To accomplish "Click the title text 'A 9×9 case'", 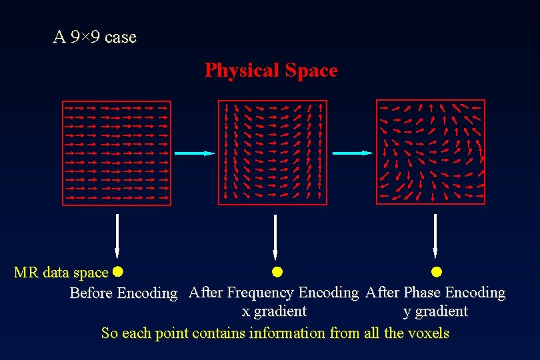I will click(95, 37).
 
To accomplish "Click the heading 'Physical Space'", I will click(271, 71).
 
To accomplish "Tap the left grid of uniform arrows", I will click(117, 153).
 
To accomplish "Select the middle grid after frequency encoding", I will click(273, 153).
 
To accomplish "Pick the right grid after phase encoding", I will click(431, 152).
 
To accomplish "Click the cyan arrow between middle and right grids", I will click(352, 153).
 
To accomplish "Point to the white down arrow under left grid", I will click(117, 236).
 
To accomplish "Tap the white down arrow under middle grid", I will click(275, 236).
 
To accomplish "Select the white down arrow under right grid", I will click(435, 236).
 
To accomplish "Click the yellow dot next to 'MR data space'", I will click(118, 271).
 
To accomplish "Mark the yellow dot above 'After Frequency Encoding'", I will click(277, 271).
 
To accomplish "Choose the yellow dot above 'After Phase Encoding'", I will click(436, 271).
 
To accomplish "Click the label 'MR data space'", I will click(61, 273).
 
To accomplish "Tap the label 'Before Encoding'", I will click(124, 293).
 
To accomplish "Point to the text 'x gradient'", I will click(274, 311).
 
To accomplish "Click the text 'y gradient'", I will click(435, 311).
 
